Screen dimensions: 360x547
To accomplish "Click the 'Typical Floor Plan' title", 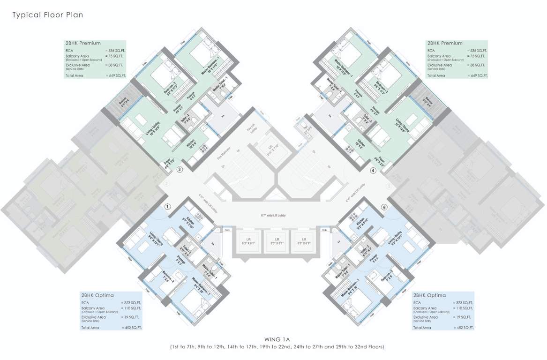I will coord(47,15).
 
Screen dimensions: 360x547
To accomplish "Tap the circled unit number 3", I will coord(180,170).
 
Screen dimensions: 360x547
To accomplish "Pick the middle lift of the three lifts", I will coord(277,241).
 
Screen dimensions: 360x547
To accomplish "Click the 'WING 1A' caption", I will coord(277,339).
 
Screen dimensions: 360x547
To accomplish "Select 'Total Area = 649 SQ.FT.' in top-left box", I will coord(96,75).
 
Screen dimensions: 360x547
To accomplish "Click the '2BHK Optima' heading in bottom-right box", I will coord(429,296).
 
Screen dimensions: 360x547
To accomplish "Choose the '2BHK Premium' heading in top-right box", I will coord(444,43).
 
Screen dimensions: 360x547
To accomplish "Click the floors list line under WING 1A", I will coord(277,347).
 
